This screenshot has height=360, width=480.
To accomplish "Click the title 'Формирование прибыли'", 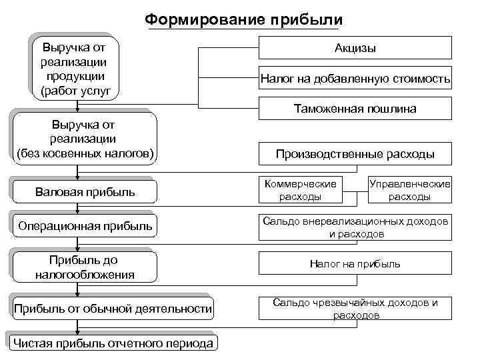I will [244, 18].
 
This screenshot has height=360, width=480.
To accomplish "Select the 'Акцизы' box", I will [355, 49].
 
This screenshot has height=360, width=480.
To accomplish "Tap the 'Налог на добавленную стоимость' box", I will [355, 80].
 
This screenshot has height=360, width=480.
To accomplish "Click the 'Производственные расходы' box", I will [355, 155].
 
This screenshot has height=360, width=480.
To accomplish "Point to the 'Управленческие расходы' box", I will [409, 190].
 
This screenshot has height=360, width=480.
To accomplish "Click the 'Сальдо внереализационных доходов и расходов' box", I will [355, 227].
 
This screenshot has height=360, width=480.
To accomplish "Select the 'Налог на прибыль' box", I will [355, 264].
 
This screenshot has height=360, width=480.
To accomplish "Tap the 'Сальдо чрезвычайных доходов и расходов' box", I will [355, 309].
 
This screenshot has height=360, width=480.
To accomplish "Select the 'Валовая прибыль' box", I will [84, 192].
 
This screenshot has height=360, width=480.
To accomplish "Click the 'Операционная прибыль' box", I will [84, 227].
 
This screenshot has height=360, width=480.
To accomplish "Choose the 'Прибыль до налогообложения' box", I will [84, 267].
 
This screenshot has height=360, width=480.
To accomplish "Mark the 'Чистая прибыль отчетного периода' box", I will [113, 343].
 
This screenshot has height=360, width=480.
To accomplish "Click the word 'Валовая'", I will [57, 192].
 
